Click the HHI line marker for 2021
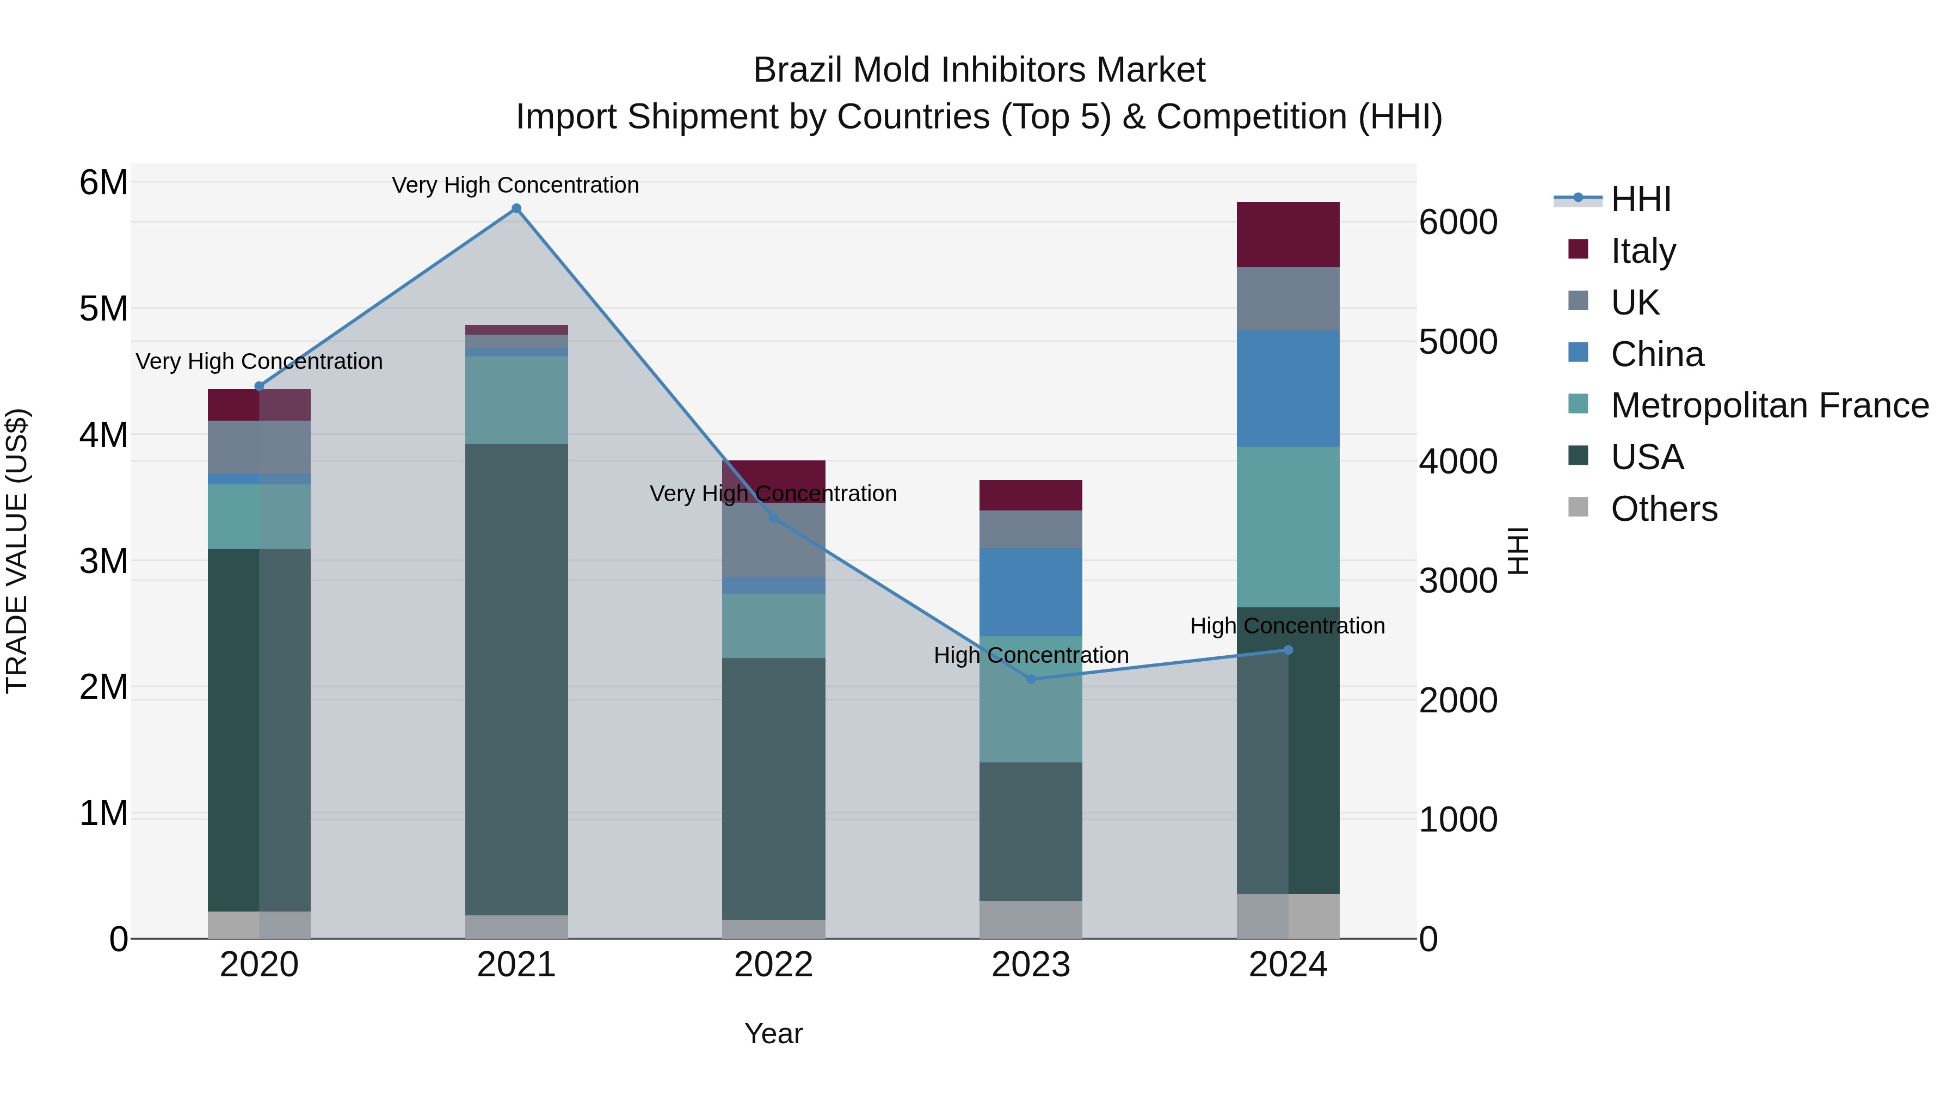(x=516, y=208)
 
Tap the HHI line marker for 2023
(x=1031, y=679)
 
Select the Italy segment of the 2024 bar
(x=1287, y=234)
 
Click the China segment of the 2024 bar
(x=1287, y=389)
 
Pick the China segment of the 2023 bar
(x=1031, y=592)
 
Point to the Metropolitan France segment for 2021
(x=516, y=400)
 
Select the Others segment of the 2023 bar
(x=1031, y=920)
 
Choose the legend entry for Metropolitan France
(x=1769, y=405)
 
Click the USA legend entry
(x=1647, y=457)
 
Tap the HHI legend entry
(x=1640, y=199)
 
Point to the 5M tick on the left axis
(x=103, y=309)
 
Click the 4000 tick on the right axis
(x=1458, y=461)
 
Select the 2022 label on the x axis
(x=773, y=965)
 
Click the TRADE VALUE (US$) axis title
(x=17, y=551)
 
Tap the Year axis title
(x=773, y=1033)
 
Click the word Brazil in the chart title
(x=798, y=70)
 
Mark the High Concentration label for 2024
(x=1287, y=626)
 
